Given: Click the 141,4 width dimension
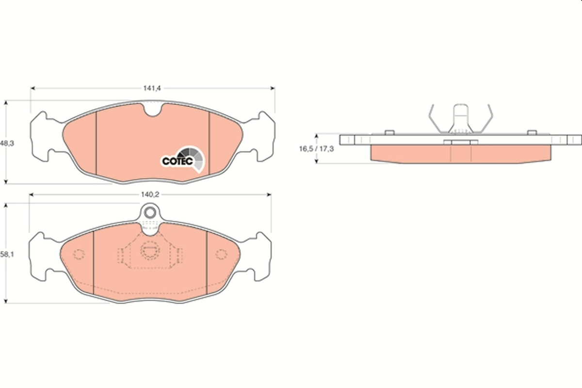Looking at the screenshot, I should point(152,88).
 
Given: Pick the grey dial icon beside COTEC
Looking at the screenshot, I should point(195,159).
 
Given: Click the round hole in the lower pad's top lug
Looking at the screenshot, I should point(150,212).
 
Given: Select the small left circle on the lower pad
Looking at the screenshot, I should point(79,254).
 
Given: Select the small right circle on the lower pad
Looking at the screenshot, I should point(221,254).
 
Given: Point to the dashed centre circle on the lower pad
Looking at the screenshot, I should point(149,250).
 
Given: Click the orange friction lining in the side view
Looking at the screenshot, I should point(461,154).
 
